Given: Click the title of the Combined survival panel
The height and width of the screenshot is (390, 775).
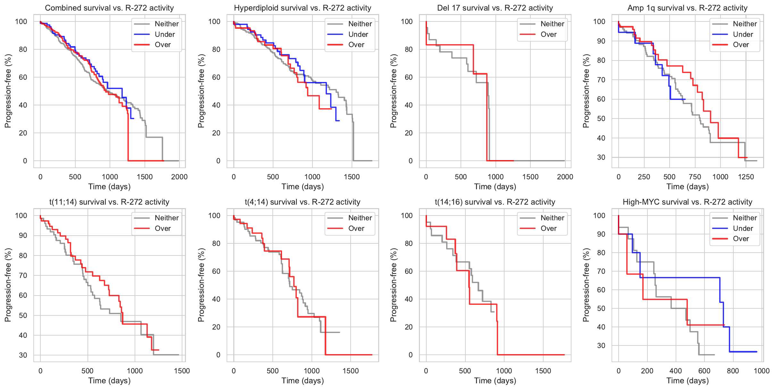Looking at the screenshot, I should (109, 8).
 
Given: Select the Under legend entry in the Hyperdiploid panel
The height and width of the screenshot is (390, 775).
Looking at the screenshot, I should (358, 34).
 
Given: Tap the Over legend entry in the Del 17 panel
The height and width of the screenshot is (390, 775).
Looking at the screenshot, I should (548, 34).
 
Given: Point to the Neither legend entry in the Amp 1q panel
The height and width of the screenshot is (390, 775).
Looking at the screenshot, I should (745, 24).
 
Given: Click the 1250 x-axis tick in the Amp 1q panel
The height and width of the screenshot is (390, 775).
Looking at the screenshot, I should (746, 177).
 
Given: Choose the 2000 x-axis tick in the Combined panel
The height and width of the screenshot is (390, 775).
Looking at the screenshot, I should (179, 177).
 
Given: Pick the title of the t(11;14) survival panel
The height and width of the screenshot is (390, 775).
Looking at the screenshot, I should (109, 202).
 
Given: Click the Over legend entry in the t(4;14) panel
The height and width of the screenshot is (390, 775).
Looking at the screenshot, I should (356, 228).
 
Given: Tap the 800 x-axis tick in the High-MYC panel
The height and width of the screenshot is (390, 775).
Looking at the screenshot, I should (733, 371).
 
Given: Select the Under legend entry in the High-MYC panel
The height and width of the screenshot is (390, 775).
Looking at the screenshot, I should (743, 228).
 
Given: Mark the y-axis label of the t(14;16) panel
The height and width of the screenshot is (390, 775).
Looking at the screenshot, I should (393, 285).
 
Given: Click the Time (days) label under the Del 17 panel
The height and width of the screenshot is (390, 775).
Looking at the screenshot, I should (495, 187).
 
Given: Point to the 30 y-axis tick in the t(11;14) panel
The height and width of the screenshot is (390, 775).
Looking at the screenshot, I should (23, 355).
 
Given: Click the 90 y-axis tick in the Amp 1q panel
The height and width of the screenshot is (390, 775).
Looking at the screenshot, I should (601, 41).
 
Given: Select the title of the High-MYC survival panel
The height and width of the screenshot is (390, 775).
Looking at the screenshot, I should (687, 202).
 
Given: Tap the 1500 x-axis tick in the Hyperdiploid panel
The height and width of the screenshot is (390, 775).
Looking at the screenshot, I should (352, 177).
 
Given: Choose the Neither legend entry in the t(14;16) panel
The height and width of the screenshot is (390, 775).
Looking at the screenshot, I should (552, 218).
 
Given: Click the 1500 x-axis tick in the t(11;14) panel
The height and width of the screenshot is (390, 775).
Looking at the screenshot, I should (182, 371).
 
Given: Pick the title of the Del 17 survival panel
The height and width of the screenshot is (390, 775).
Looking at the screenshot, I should (495, 8).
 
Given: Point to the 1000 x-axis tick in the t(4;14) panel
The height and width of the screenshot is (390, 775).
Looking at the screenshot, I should (312, 371).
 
